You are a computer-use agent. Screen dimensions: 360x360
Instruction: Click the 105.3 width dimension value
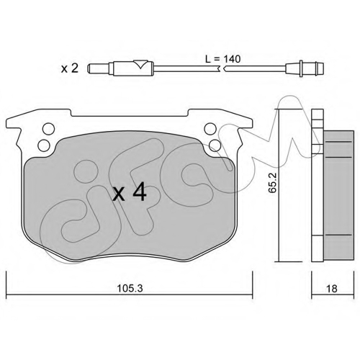tap(130, 289)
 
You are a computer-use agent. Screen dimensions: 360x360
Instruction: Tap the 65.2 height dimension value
tap(272, 183)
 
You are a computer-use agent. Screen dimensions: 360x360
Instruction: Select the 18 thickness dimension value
tap(332, 289)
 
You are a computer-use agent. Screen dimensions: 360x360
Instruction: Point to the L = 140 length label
tap(222, 59)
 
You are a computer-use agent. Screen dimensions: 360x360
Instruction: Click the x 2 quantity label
tap(70, 68)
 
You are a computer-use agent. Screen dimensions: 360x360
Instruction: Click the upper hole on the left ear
tap(48, 129)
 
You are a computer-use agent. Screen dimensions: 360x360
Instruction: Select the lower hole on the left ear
tap(45, 145)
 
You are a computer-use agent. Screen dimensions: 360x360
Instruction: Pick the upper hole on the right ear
tap(210, 129)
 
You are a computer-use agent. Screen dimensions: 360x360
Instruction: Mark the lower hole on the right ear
tap(215, 145)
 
